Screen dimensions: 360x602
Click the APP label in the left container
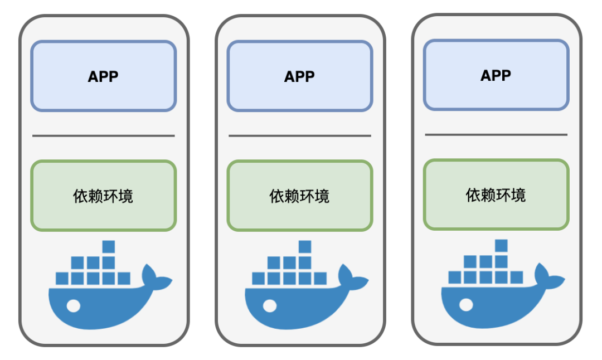click(103, 76)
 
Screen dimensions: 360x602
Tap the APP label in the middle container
click(299, 76)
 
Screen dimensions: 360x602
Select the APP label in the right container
click(496, 75)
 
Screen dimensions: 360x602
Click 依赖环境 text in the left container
click(103, 196)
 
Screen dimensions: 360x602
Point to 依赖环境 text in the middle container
click(299, 196)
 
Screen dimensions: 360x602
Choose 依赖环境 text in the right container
click(496, 195)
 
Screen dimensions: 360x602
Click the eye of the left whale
click(74, 305)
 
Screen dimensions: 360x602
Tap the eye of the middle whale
click(270, 305)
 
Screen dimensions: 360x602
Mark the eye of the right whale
click(466, 304)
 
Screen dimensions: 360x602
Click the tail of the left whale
click(156, 279)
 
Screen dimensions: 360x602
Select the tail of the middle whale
click(352, 279)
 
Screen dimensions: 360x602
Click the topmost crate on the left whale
click(108, 246)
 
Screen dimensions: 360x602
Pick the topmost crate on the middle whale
click(304, 246)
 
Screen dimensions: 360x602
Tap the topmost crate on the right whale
click(501, 245)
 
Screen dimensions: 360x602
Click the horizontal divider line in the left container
click(103, 135)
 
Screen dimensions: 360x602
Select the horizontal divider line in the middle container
click(299, 135)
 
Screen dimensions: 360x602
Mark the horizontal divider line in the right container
click(496, 134)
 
